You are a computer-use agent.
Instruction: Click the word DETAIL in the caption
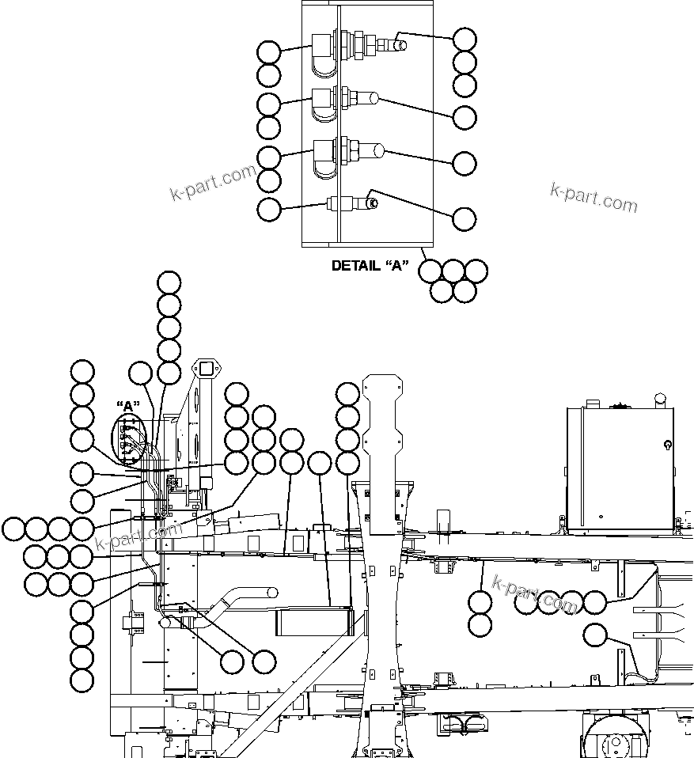click(x=355, y=266)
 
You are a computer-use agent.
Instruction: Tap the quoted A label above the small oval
click(x=127, y=407)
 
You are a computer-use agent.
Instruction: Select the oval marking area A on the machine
click(x=127, y=437)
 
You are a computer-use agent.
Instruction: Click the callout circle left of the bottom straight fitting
click(x=269, y=210)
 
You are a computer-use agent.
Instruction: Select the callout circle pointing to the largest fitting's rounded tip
click(x=465, y=163)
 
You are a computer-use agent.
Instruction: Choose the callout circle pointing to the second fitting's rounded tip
click(x=465, y=117)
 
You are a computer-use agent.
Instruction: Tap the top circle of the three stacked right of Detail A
click(x=465, y=38)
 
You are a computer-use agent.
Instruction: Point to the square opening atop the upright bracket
click(x=207, y=369)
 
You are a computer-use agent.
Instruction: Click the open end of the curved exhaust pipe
click(x=271, y=592)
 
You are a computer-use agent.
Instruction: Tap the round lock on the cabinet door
click(x=668, y=445)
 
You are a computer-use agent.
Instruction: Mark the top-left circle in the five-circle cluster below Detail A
click(x=430, y=271)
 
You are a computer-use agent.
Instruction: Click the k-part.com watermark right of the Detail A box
click(x=594, y=196)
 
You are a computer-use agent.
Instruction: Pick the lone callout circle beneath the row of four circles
click(x=595, y=635)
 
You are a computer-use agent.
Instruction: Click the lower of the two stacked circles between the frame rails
click(x=480, y=625)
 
